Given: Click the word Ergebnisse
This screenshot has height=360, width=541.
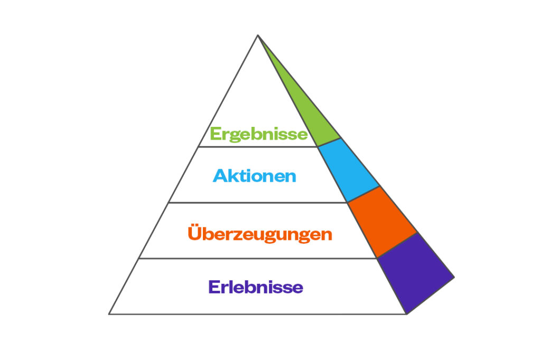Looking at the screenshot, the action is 259,134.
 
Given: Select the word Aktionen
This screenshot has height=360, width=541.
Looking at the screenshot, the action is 255,176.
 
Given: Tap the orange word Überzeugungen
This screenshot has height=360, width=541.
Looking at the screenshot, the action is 260,233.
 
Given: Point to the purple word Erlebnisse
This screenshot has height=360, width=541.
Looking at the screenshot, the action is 256,287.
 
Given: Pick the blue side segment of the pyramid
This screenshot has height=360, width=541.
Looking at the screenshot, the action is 349,170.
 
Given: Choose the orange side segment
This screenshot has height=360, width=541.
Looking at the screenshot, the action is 382,221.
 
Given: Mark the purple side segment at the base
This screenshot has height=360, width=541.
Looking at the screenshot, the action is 415,273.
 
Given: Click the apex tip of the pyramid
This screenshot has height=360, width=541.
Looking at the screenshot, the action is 258,35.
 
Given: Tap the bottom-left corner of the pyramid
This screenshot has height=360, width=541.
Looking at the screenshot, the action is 109,314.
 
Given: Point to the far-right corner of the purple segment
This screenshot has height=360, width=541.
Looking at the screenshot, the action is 454,277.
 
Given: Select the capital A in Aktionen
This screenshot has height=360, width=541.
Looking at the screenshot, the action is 220,176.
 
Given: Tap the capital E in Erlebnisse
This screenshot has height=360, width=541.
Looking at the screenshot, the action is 214,287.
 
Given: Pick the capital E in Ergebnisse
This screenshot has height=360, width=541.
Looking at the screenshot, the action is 216,134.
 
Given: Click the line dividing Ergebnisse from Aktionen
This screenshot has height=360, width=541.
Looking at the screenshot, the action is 258,146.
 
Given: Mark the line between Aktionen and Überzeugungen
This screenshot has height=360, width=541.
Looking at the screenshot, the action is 257,202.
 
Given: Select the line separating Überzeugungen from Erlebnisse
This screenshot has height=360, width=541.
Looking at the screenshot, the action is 257,258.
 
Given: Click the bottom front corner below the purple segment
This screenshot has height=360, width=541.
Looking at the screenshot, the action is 406,314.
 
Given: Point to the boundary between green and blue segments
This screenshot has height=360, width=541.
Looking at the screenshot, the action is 329,142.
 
